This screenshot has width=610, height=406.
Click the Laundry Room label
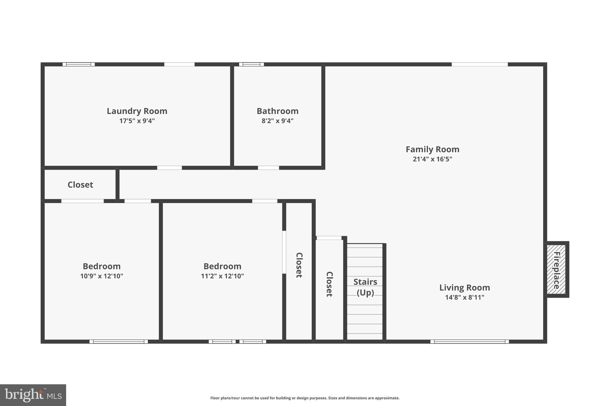(137, 111)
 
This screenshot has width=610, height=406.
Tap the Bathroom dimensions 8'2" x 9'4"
(278, 121)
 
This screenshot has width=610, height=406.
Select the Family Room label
(432, 149)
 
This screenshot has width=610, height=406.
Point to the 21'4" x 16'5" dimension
(432, 159)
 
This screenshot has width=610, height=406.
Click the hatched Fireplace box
(556, 269)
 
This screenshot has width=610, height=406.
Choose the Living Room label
(465, 288)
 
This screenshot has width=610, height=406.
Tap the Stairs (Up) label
(365, 287)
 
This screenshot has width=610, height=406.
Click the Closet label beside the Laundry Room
(80, 185)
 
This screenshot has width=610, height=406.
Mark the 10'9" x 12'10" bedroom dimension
(102, 276)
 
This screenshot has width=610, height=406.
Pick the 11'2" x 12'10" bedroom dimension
(222, 276)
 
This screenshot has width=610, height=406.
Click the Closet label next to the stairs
(329, 284)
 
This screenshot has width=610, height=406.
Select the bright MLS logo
(33, 395)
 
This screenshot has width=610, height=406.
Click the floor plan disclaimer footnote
(305, 398)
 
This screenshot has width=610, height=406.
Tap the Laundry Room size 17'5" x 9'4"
(137, 121)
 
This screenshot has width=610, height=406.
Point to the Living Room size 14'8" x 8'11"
(465, 297)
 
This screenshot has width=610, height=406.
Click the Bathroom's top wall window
(251, 64)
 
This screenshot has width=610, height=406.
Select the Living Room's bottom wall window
(470, 341)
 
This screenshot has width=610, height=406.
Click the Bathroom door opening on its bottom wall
(268, 168)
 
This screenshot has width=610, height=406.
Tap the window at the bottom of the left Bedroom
(119, 341)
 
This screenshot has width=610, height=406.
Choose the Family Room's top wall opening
(480, 64)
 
